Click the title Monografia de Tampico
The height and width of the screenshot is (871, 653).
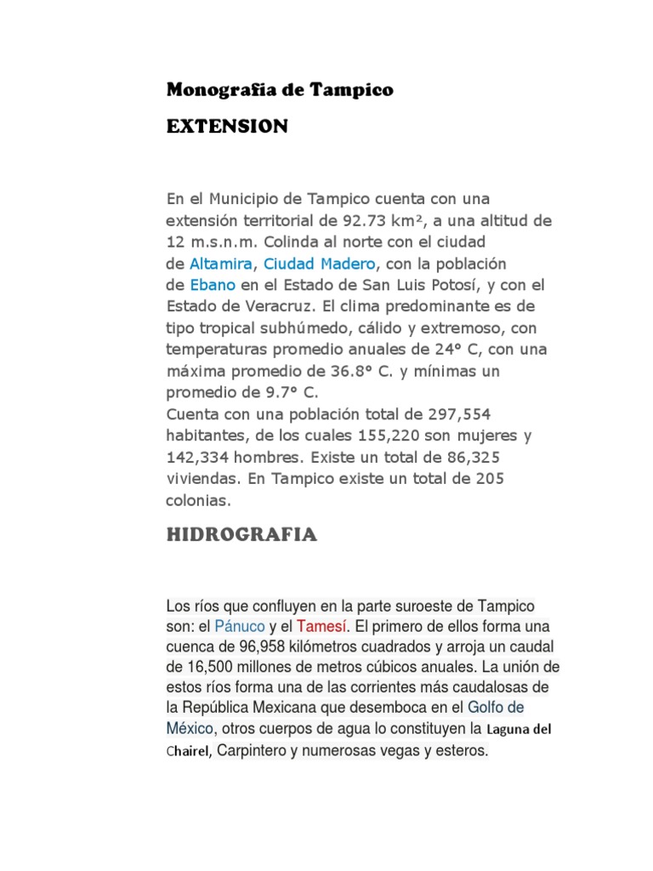[x=280, y=90]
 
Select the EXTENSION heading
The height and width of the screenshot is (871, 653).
[x=227, y=127]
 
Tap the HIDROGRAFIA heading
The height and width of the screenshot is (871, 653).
[x=241, y=534]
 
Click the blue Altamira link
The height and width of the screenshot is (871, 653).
[x=221, y=263]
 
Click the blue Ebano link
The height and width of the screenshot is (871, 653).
[x=212, y=284]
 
